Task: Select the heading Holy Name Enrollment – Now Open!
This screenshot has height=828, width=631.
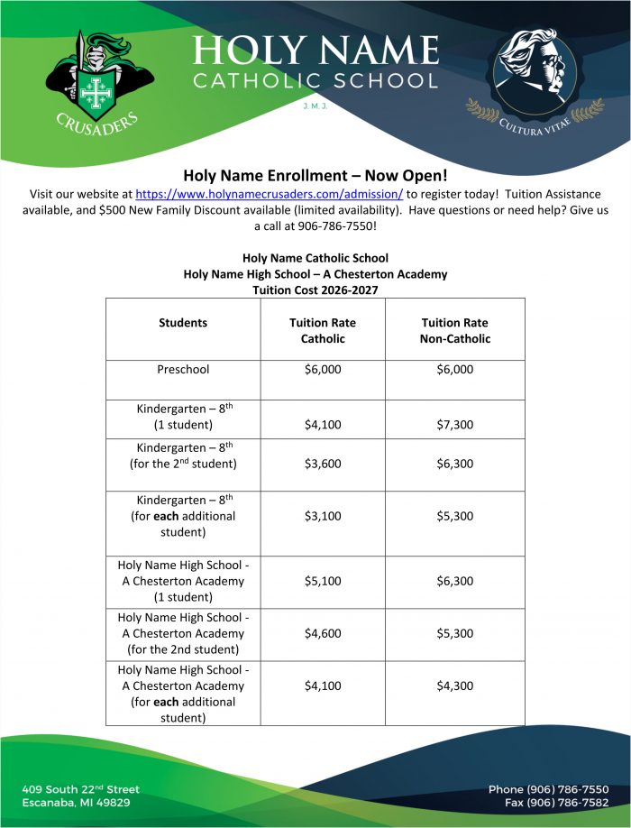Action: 315,175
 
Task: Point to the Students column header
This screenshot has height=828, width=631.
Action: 183,322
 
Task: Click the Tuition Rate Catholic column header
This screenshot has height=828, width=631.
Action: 323,330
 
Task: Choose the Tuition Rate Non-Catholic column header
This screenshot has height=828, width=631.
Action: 455,330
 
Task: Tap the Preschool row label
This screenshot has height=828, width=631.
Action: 183,370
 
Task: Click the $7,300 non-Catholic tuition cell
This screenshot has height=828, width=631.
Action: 454,424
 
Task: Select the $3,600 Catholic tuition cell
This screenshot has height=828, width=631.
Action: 323,465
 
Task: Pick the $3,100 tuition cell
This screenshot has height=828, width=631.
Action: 323,517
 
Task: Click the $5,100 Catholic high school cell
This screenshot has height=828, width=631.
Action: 323,582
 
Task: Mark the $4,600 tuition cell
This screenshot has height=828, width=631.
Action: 323,634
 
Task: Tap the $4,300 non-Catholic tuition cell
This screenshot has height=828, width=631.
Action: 454,686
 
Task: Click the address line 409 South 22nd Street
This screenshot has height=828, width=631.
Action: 81,789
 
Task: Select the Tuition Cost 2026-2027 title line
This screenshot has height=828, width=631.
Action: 315,290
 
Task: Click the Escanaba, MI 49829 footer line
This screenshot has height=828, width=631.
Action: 77,803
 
